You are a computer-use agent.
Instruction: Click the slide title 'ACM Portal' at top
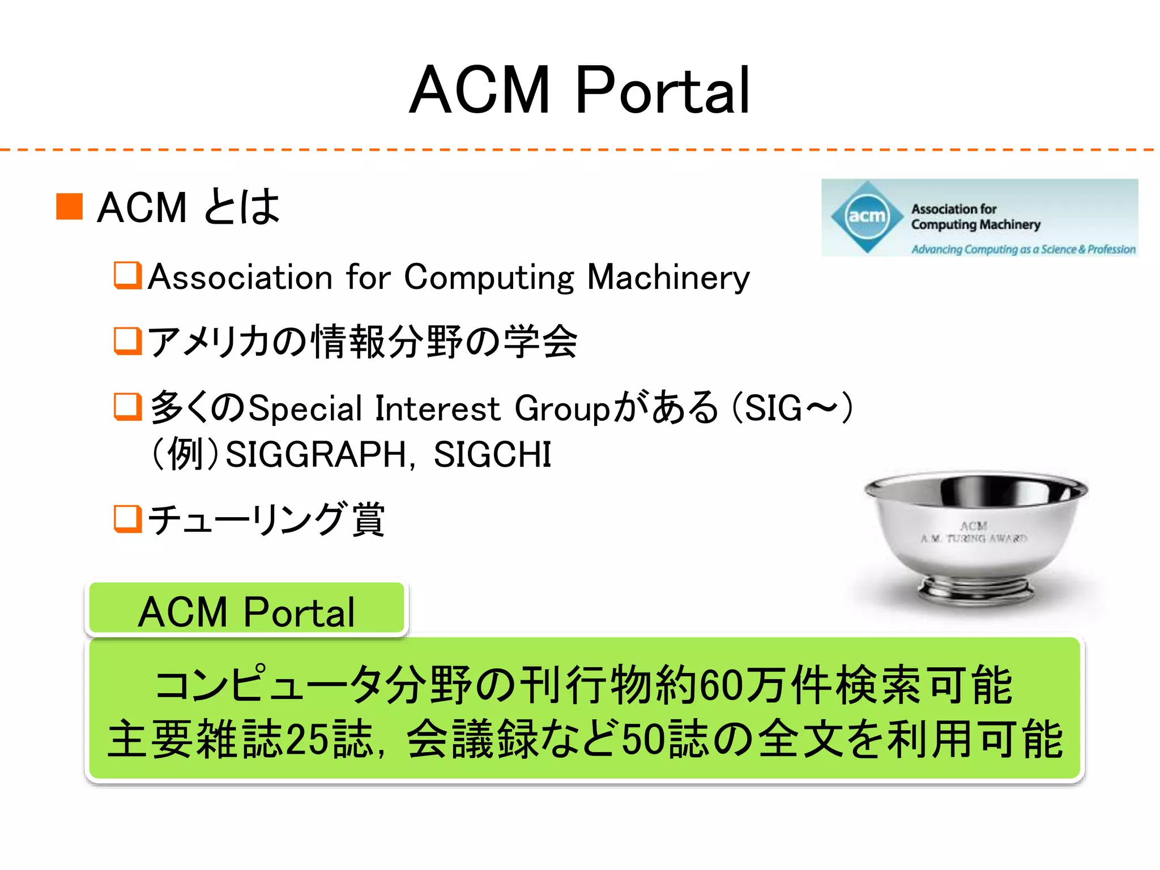pyautogui.click(x=579, y=91)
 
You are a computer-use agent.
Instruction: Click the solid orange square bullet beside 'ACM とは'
pyautogui.click(x=70, y=206)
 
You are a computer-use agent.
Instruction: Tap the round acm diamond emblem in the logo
pyautogui.click(x=867, y=216)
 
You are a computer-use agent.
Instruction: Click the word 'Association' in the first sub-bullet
pyautogui.click(x=240, y=278)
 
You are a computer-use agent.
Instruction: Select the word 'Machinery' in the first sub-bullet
pyautogui.click(x=668, y=278)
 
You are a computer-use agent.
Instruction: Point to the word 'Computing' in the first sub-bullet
pyautogui.click(x=489, y=278)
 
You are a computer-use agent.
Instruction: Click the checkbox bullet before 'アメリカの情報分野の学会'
pyautogui.click(x=127, y=340)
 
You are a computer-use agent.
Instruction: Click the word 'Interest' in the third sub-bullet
pyautogui.click(x=437, y=408)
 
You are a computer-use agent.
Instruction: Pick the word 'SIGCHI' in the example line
pyautogui.click(x=492, y=454)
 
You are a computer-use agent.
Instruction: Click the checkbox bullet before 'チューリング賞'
pyautogui.click(x=127, y=519)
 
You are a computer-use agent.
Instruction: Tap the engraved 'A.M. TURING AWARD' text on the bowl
pyautogui.click(x=974, y=538)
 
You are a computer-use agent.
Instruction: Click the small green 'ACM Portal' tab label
pyautogui.click(x=246, y=612)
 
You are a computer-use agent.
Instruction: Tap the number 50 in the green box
pyautogui.click(x=643, y=739)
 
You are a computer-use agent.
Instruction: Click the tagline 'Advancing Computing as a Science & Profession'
pyautogui.click(x=1023, y=249)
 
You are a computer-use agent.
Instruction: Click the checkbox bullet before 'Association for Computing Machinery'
pyautogui.click(x=127, y=275)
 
